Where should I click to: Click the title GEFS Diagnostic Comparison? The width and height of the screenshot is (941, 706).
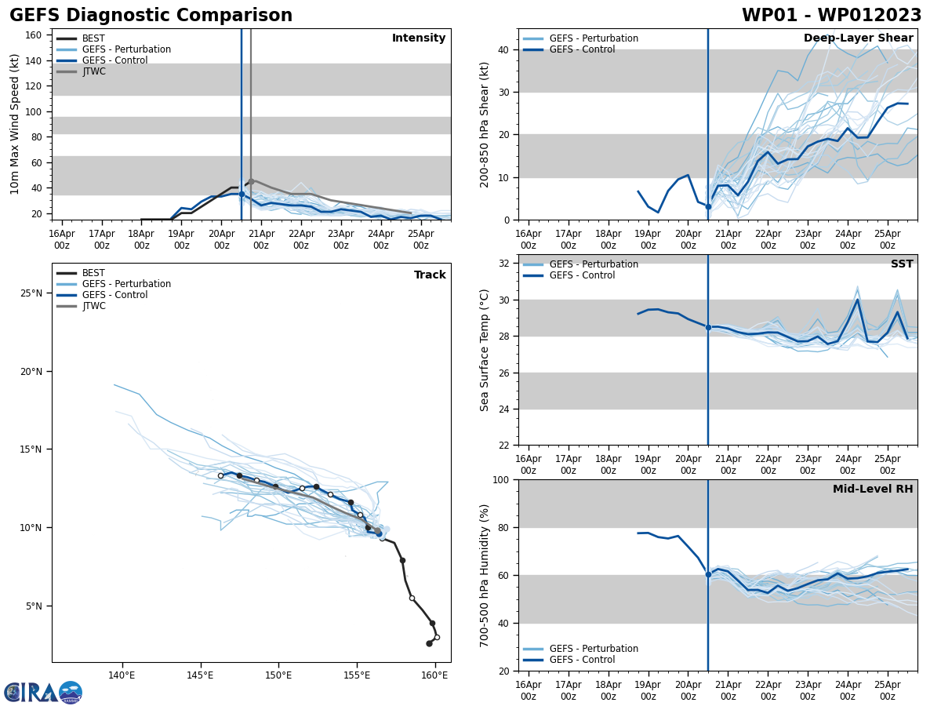tap(151, 16)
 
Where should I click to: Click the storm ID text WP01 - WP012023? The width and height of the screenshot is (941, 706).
tap(831, 16)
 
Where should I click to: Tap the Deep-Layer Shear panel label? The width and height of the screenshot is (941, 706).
tap(858, 38)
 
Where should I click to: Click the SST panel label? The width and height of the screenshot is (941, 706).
tap(901, 264)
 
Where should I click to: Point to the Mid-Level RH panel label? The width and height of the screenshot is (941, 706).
tap(872, 489)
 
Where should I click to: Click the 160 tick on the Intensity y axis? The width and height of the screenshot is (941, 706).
tap(35, 35)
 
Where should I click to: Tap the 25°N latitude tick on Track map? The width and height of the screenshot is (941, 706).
tap(31, 293)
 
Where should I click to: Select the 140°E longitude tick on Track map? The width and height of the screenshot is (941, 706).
tap(122, 675)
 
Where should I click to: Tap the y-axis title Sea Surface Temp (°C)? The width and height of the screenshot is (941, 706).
tap(485, 350)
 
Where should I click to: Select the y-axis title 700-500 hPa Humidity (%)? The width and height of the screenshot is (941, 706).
tap(485, 575)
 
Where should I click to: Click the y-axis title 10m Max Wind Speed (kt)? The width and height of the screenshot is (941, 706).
tap(16, 124)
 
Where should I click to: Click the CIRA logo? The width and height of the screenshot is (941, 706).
tap(43, 692)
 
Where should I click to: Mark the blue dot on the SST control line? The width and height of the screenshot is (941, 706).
tap(708, 327)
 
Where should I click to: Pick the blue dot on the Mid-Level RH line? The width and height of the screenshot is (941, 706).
tap(708, 574)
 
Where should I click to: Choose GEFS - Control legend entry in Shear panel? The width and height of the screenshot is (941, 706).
tap(582, 49)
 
